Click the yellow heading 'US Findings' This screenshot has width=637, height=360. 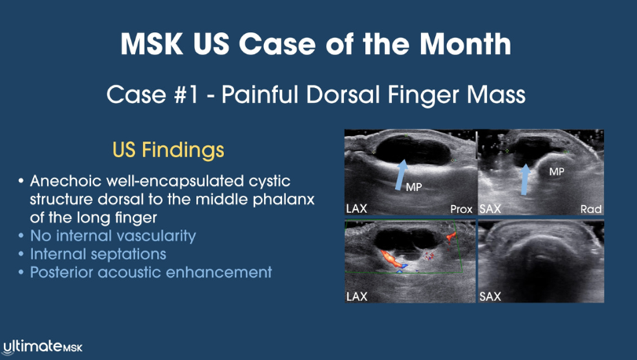point(169,149)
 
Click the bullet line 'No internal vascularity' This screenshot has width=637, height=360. point(112,235)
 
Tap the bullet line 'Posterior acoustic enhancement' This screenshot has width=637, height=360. point(151,272)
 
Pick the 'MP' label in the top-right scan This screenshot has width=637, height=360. point(557,170)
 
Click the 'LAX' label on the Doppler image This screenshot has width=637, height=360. point(357,296)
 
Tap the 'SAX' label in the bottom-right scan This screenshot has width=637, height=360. point(491,296)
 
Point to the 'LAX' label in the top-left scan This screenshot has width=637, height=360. point(357,209)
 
